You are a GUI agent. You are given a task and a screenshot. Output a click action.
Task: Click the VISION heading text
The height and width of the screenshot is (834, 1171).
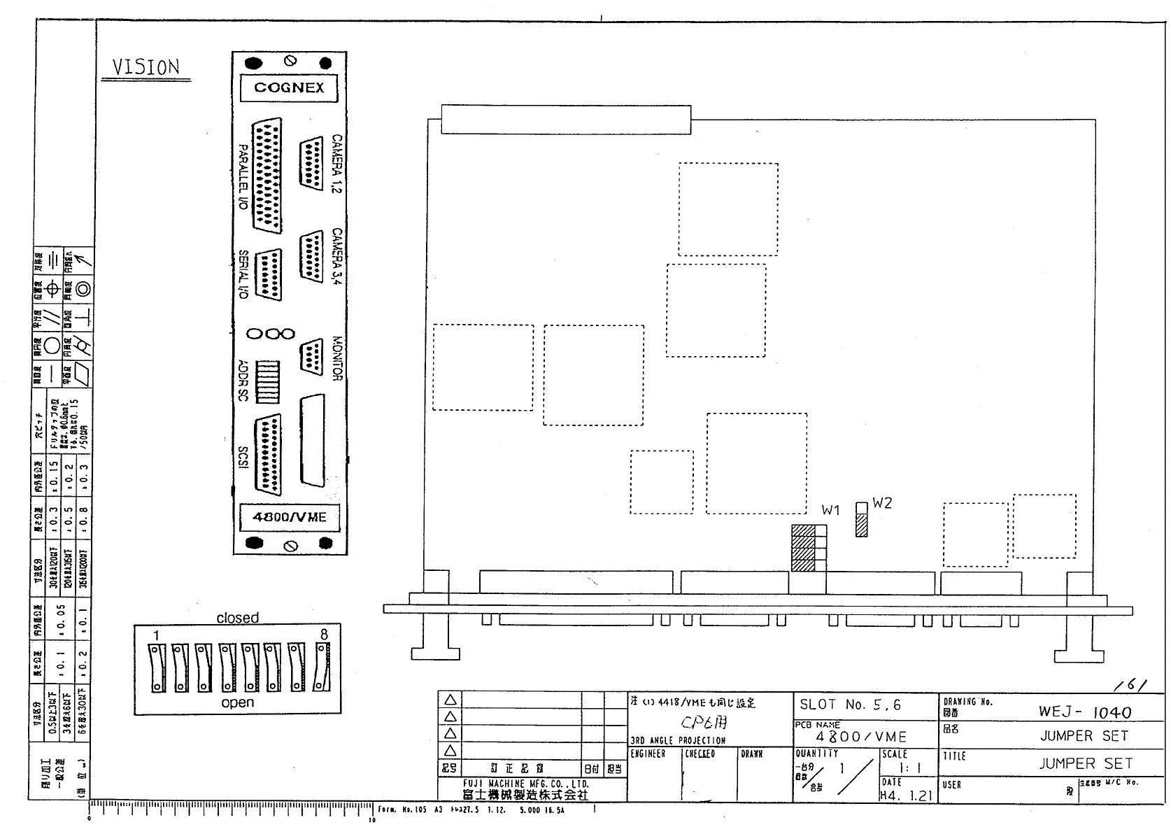point(146,68)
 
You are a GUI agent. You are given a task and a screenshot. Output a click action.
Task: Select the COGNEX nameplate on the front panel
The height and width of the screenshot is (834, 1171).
point(289,88)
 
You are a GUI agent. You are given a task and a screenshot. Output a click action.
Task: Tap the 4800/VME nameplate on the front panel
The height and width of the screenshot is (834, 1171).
point(290,518)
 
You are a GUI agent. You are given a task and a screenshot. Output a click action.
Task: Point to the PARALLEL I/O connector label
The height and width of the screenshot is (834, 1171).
point(243,178)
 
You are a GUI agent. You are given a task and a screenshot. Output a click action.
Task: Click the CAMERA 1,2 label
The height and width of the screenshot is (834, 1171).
point(336,164)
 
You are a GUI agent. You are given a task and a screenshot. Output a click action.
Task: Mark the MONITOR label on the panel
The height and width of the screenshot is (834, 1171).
point(336,358)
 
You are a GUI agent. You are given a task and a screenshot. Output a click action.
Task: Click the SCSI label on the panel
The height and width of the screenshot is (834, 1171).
point(243,459)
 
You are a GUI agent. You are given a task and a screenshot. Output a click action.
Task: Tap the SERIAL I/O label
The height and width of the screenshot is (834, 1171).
point(243,275)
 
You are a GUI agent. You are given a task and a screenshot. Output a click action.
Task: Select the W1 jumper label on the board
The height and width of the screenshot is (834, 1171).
point(830,511)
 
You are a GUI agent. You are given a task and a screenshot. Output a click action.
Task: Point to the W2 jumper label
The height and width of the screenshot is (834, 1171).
point(882,503)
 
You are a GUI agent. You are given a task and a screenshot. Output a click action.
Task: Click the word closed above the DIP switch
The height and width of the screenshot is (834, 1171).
point(237,618)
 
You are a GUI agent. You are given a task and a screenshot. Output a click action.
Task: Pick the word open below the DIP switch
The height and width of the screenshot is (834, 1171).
point(237,702)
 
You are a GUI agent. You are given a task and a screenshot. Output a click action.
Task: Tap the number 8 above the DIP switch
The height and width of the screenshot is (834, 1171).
point(323,634)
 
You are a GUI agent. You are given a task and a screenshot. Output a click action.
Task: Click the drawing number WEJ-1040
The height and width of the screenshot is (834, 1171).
point(1084,712)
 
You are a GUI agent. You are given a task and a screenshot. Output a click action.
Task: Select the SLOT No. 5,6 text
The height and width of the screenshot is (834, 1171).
point(850,705)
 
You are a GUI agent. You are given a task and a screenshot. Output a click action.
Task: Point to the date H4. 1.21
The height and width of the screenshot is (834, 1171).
point(906,795)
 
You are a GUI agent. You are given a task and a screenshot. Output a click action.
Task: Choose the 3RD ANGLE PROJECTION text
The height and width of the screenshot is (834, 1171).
point(678,740)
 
